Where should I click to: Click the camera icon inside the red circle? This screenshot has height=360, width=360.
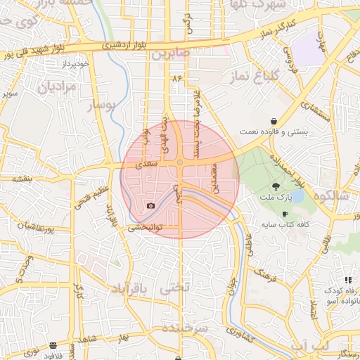(150, 205)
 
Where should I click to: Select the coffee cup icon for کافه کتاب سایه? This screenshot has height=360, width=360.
(285, 214)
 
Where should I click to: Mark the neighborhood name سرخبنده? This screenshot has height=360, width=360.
(185, 328)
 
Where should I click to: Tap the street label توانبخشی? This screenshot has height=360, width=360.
(146, 228)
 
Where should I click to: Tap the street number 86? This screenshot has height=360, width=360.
(175, 79)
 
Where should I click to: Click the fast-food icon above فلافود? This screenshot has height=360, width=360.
(53, 345)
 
